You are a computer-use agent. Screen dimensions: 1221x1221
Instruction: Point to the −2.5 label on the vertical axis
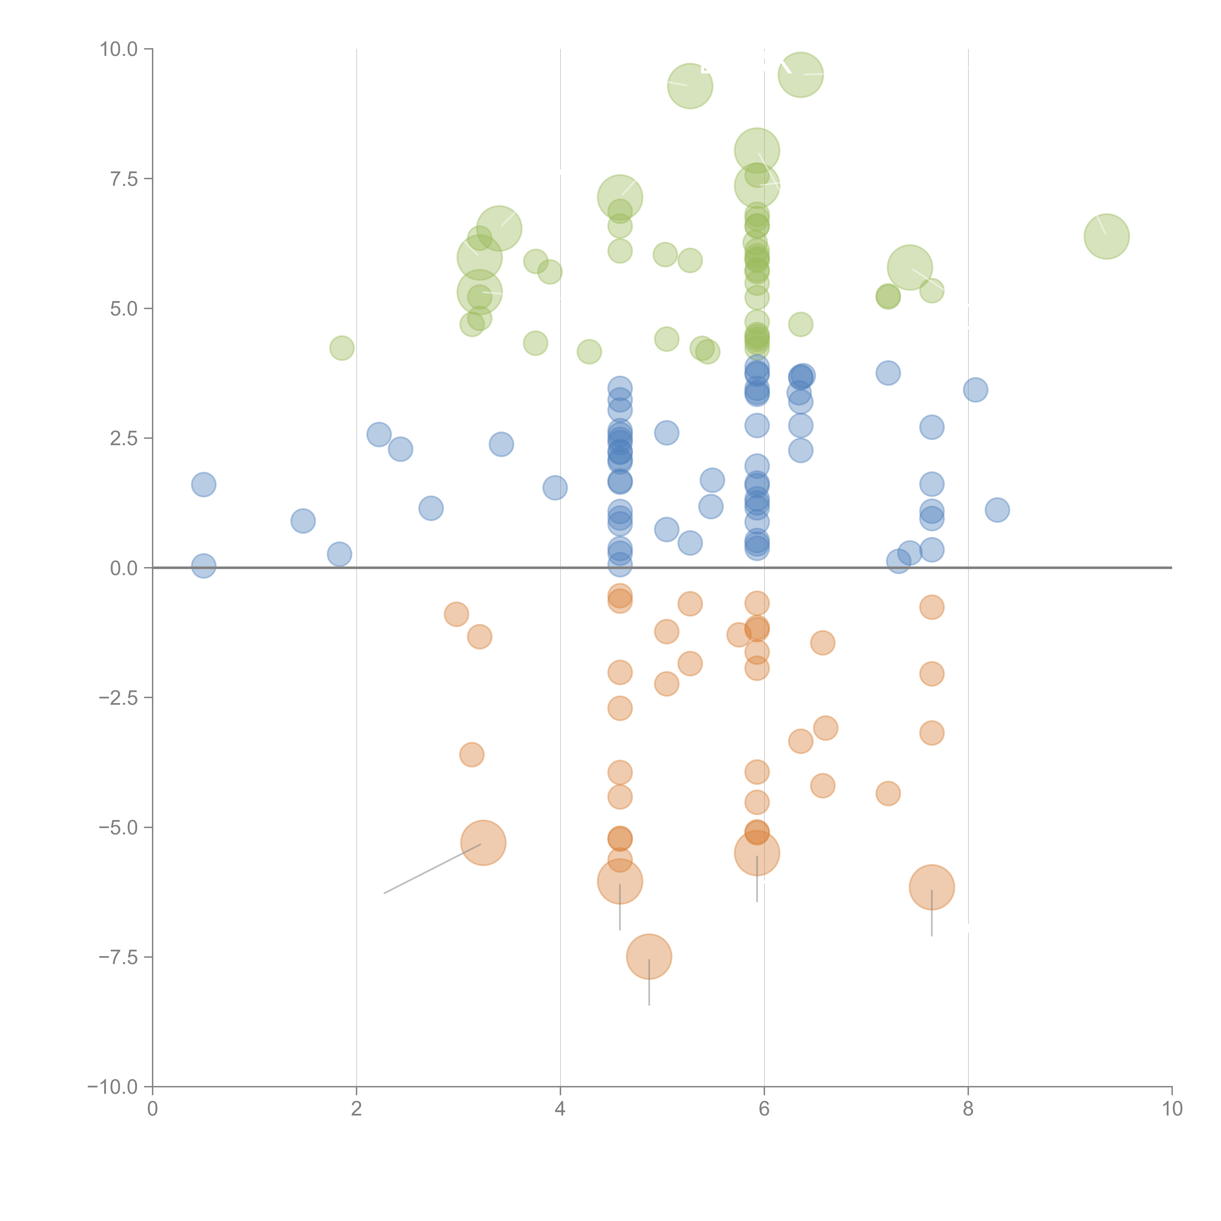pyautogui.click(x=118, y=698)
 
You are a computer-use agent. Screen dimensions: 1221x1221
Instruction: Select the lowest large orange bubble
pyautogui.click(x=649, y=956)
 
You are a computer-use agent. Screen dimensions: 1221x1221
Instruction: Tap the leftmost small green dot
pyautogui.click(x=342, y=347)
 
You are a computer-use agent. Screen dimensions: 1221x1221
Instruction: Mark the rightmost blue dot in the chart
pyautogui.click(x=997, y=509)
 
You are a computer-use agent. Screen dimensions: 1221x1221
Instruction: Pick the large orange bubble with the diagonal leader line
pyautogui.click(x=484, y=842)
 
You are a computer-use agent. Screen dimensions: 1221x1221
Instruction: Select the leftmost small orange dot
pyautogui.click(x=456, y=614)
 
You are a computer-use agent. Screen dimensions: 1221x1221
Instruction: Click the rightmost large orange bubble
pyautogui.click(x=932, y=887)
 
